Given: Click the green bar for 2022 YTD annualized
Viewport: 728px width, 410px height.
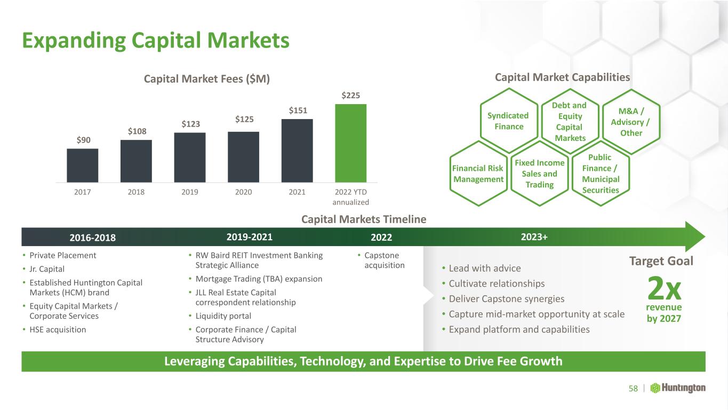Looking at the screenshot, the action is [351, 143].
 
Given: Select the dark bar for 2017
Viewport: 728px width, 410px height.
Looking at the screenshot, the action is [83, 165].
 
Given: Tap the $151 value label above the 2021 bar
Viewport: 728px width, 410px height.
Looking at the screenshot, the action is [298, 111].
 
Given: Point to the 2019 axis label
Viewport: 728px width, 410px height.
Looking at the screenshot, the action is [190, 192].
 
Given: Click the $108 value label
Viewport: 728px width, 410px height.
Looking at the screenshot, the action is [137, 131].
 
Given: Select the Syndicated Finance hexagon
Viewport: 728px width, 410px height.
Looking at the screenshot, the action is [509, 121].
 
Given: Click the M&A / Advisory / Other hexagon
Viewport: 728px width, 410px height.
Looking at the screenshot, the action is [631, 122].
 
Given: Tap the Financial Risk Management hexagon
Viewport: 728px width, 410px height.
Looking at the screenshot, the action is [478, 174].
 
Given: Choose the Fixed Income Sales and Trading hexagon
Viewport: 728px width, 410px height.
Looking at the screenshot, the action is [540, 174].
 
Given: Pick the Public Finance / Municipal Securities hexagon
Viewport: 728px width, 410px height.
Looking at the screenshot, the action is [601, 174].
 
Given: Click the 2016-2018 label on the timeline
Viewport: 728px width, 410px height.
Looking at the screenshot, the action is [93, 238].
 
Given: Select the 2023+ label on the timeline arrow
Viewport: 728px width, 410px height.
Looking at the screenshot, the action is [534, 237].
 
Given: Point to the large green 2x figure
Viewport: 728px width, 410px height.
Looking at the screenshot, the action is [664, 288].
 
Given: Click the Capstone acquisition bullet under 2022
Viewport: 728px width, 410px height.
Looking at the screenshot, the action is [381, 261].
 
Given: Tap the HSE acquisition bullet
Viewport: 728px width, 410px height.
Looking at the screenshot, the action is [54, 329].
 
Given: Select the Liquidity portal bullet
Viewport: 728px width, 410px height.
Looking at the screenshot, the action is [220, 316].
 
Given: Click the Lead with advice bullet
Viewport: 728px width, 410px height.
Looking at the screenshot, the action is [482, 269].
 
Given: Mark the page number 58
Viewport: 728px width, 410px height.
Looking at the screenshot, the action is [633, 389].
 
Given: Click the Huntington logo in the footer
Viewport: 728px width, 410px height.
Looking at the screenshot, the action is [678, 388].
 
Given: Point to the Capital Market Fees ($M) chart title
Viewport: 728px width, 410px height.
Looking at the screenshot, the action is [207, 79].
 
